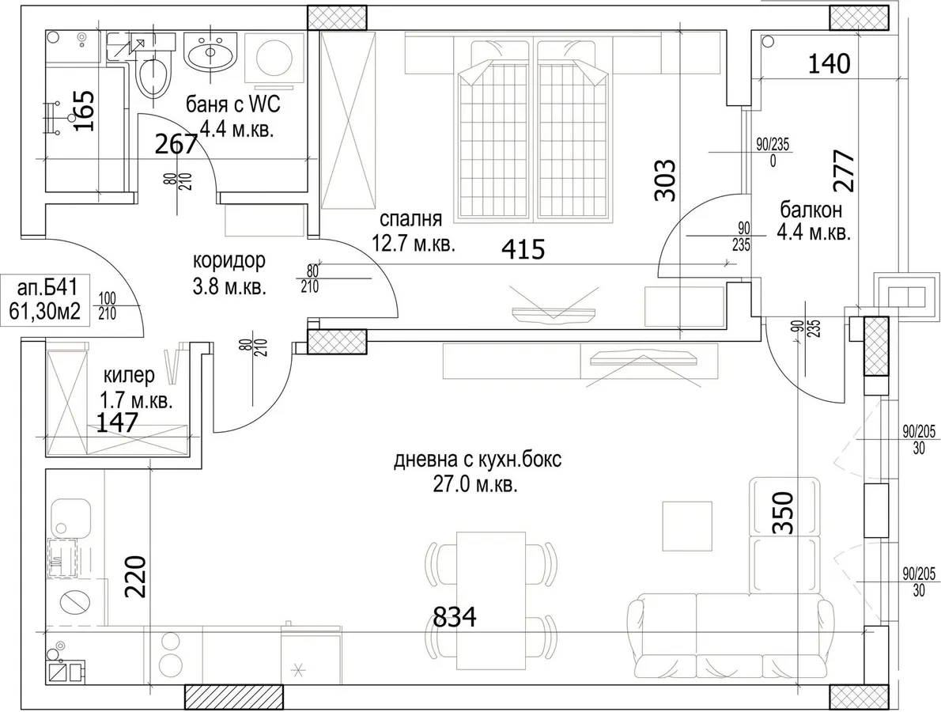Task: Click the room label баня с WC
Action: pyautogui.click(x=232, y=104)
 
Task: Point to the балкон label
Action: pyautogui.click(x=811, y=210)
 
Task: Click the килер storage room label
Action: pyautogui.click(x=130, y=376)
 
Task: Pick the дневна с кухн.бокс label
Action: pyautogui.click(x=478, y=460)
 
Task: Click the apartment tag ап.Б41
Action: pyautogui.click(x=47, y=287)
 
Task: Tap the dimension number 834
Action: pyautogui.click(x=455, y=616)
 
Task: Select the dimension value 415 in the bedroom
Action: pyautogui.click(x=523, y=249)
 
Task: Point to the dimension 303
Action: pyautogui.click(x=665, y=180)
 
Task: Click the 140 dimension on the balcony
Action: pyautogui.click(x=830, y=63)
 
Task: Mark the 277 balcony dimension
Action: pyautogui.click(x=843, y=171)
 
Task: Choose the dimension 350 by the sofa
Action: pyautogui.click(x=783, y=513)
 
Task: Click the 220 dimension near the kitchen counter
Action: pyautogui.click(x=136, y=576)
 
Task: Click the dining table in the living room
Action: pyautogui.click(x=491, y=600)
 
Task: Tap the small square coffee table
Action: pyautogui.click(x=688, y=526)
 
